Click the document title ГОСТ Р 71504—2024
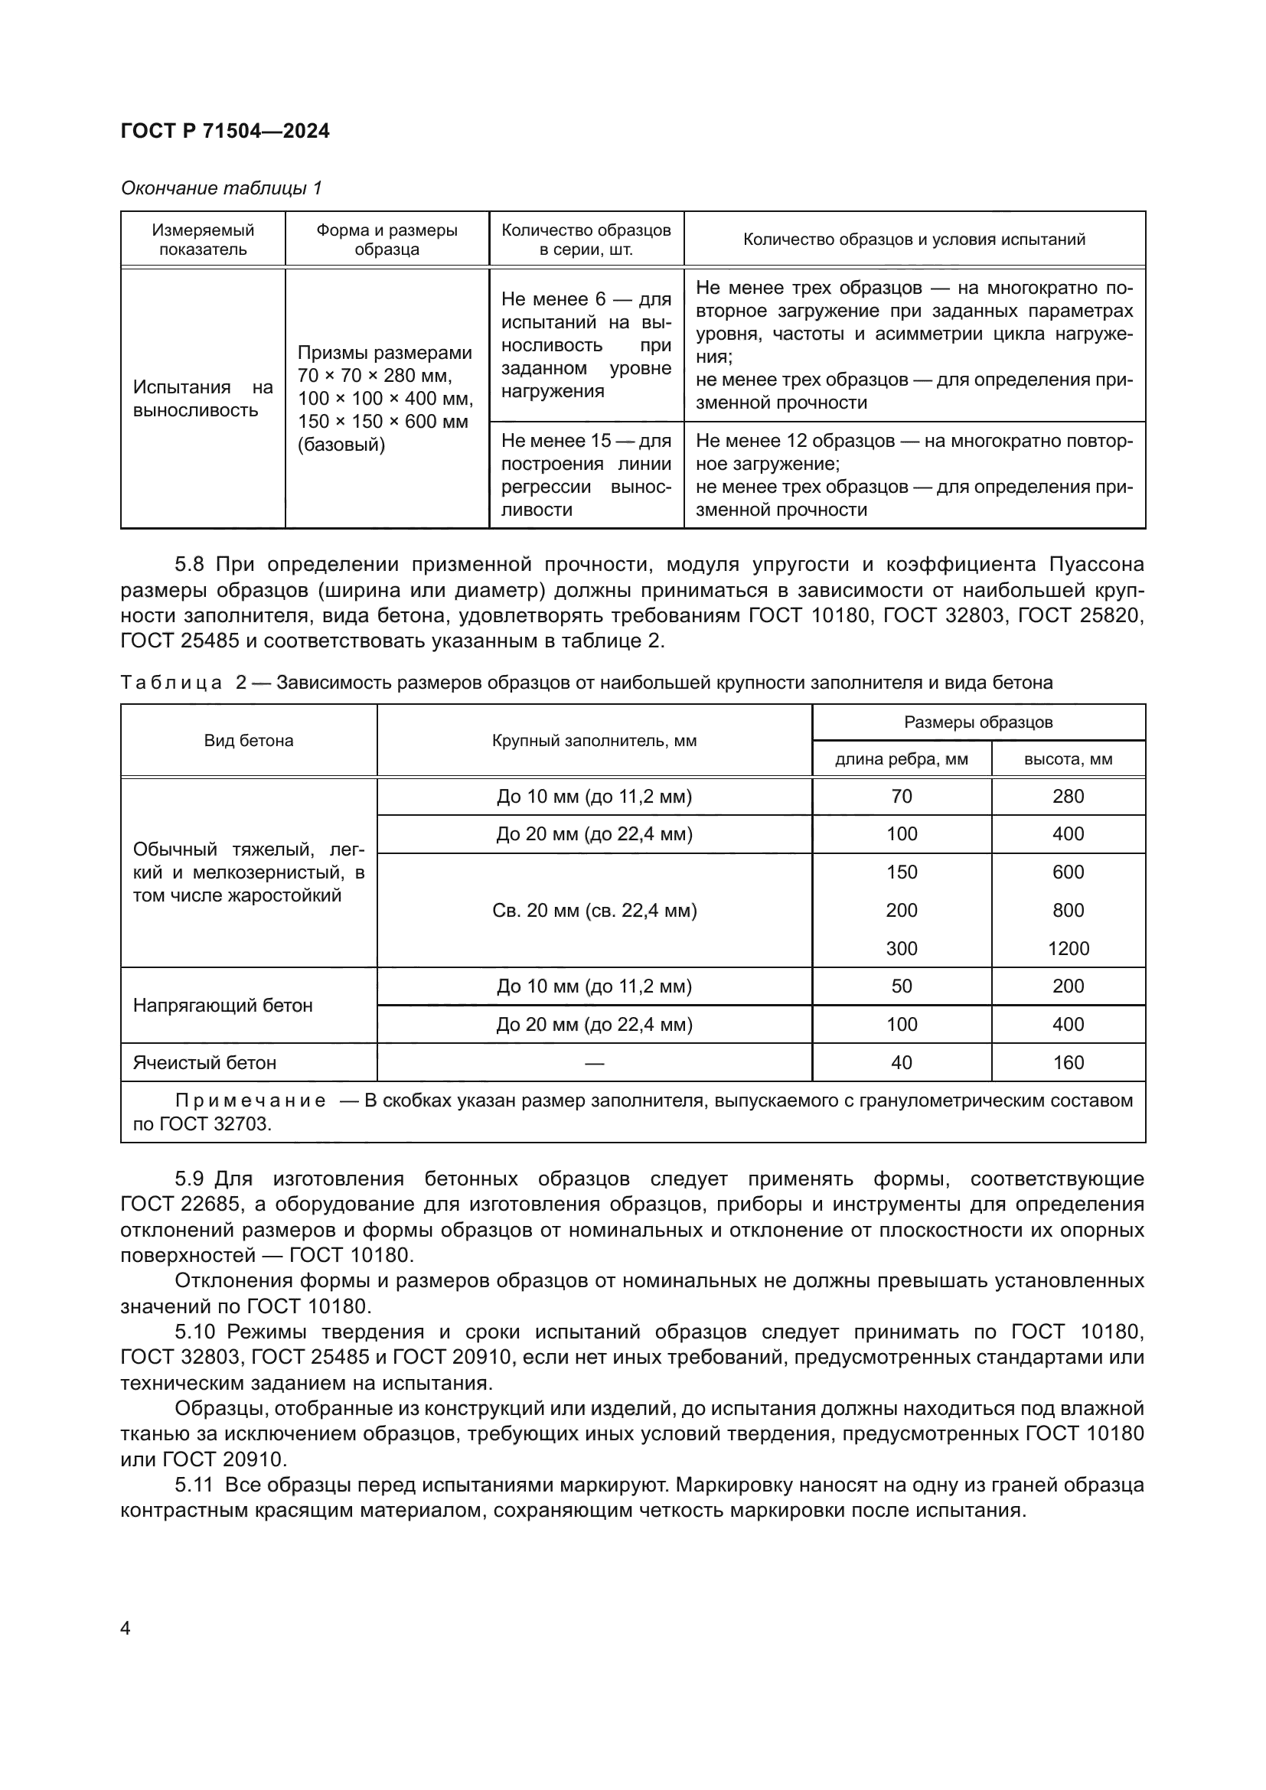[225, 131]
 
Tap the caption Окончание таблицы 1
[221, 188]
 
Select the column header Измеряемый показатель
[203, 240]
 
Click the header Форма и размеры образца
[387, 240]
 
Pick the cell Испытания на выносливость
[203, 399]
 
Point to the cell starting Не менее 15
[586, 474]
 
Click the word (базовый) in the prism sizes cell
[341, 445]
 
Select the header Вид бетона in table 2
[249, 740]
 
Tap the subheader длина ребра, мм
[901, 758]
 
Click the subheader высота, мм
[1068, 758]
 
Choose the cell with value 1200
[1068, 948]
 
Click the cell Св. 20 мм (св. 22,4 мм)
[594, 910]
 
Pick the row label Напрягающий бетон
[223, 1005]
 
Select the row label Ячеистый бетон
[204, 1063]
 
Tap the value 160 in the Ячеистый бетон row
[1068, 1063]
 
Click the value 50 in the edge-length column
[901, 986]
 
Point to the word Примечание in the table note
[250, 1100]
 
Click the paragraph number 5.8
[188, 565]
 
